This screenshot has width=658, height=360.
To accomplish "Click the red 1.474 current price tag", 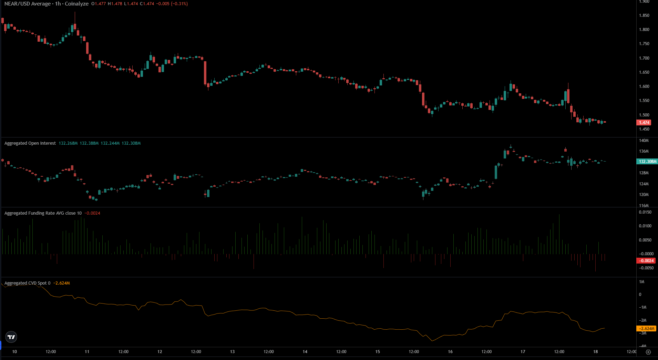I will coord(644,122).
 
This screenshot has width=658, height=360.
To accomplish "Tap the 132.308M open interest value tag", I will coord(647,161).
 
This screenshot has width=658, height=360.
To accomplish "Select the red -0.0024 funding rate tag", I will coord(646,261).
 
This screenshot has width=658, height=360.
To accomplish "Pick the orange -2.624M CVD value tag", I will coord(646,329).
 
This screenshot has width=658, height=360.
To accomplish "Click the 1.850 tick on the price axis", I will coord(644,16).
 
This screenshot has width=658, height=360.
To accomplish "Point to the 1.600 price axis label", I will coord(644,86).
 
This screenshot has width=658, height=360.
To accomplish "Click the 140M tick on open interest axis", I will coord(644,141).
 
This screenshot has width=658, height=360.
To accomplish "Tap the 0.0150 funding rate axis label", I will coord(645,212).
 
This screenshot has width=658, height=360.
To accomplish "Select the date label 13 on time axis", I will coord(232,352).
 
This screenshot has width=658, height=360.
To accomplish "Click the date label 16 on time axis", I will coord(450,352).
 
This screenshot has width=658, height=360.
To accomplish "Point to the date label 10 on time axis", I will coord(14,352).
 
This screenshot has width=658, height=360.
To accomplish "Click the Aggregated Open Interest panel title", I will coord(30,143).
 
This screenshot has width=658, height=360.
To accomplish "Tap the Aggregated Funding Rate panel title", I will coord(43,213).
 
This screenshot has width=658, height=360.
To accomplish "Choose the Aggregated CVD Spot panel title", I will coord(27,283).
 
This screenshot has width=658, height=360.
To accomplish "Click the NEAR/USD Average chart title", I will coord(28,4).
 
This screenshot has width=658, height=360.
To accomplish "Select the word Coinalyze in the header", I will coord(76,4).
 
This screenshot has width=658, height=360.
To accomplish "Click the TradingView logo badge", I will coord(11,337).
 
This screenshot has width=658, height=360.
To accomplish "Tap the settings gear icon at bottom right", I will coord(648,352).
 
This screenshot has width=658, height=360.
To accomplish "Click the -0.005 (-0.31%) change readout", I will coord(172,4).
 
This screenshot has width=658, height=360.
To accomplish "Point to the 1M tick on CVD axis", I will coord(641,282).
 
